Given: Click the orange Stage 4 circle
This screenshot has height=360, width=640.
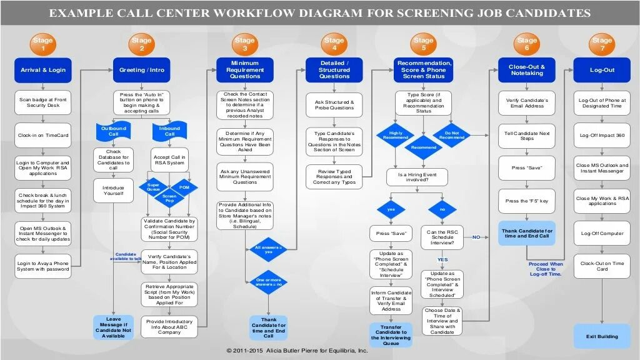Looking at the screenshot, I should pyautogui.click(x=334, y=44).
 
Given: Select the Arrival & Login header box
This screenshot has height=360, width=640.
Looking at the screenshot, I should pyautogui.click(x=42, y=70).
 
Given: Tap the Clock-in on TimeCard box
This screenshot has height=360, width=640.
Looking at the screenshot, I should pyautogui.click(x=42, y=135).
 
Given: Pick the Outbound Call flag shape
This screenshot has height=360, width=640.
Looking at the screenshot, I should pyautogui.click(x=113, y=131).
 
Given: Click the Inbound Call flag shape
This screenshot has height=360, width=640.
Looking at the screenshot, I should pyautogui.click(x=170, y=131).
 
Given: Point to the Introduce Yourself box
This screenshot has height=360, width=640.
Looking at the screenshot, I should pyautogui.click(x=113, y=191).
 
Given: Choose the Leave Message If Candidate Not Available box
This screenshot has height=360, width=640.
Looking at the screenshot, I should pyautogui.click(x=113, y=327).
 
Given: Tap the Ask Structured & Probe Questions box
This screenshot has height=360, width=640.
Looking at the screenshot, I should pyautogui.click(x=334, y=105).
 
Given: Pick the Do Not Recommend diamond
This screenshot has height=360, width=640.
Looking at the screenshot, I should pyautogui.click(x=452, y=135).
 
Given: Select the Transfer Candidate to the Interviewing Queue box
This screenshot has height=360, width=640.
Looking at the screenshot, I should pyautogui.click(x=391, y=334).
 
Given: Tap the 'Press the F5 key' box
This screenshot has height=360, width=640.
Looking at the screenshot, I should pyautogui.click(x=527, y=201).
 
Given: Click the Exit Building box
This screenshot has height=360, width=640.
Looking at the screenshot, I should pyautogui.click(x=602, y=336).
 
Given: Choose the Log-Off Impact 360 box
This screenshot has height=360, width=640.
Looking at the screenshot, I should pyautogui.click(x=602, y=135).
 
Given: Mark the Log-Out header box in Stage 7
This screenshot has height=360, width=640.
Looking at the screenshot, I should pyautogui.click(x=602, y=70).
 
